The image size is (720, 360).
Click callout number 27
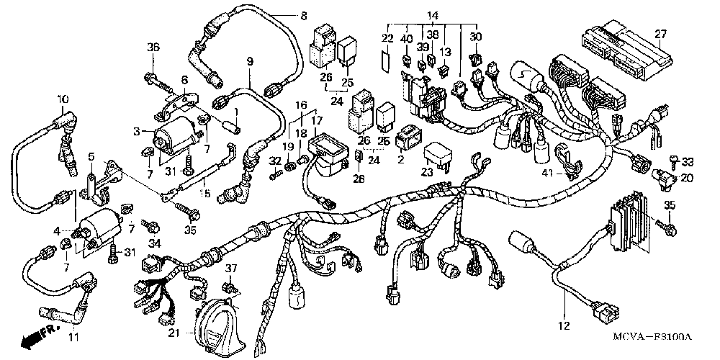(x=660, y=35)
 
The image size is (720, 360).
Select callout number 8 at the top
(x=302, y=16)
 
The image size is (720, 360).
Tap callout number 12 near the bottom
(x=564, y=325)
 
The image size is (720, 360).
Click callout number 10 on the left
(x=62, y=99)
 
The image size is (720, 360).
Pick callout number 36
(x=153, y=48)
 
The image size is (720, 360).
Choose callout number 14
(x=431, y=16)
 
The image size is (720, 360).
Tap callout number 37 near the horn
(x=231, y=268)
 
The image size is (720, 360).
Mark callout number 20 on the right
(x=687, y=178)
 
